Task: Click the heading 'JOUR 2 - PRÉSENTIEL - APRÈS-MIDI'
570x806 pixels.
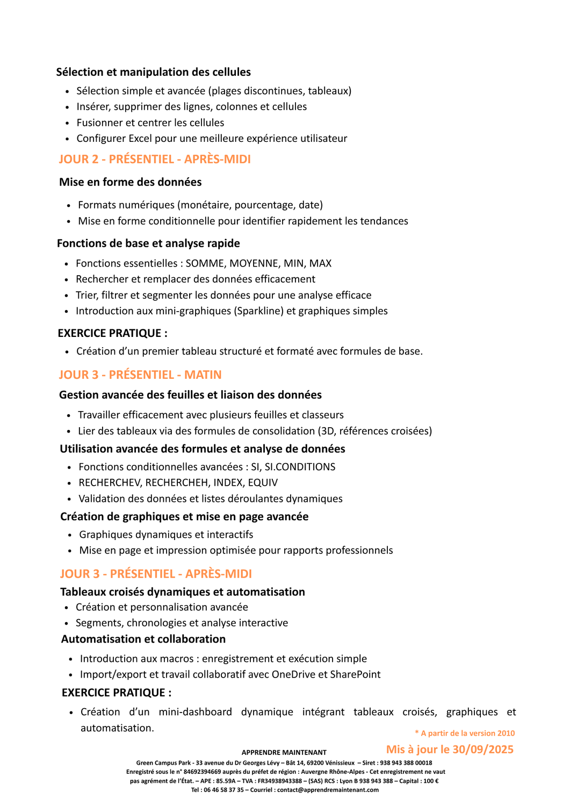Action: click(155, 159)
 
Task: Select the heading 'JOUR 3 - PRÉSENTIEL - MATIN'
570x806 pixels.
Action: click(140, 375)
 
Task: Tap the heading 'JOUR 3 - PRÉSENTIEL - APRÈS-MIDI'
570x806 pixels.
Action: click(156, 574)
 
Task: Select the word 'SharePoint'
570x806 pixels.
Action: click(356, 674)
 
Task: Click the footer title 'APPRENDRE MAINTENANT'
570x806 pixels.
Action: click(284, 753)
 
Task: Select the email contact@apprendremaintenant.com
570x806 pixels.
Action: click(328, 790)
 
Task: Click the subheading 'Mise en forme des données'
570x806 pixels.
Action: click(131, 182)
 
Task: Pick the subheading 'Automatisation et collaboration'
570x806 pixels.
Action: click(143, 639)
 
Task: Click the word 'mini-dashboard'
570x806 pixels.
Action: click(195, 712)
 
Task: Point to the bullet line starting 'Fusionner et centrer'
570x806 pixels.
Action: click(150, 123)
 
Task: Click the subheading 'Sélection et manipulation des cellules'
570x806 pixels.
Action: click(154, 72)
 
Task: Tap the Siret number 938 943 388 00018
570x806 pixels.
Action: click(406, 763)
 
